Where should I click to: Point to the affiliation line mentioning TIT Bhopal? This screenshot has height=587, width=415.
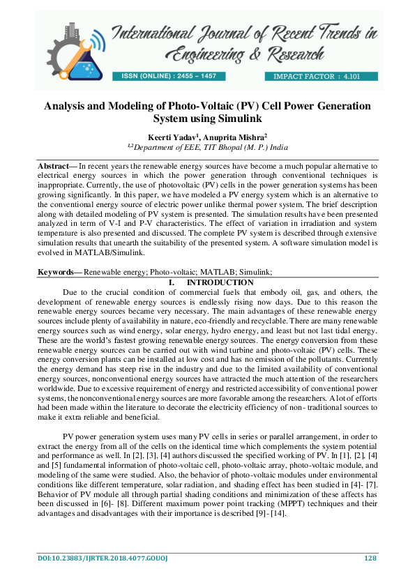pyautogui.click(x=207, y=147)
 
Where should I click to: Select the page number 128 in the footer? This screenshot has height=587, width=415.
pyautogui.click(x=370, y=558)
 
